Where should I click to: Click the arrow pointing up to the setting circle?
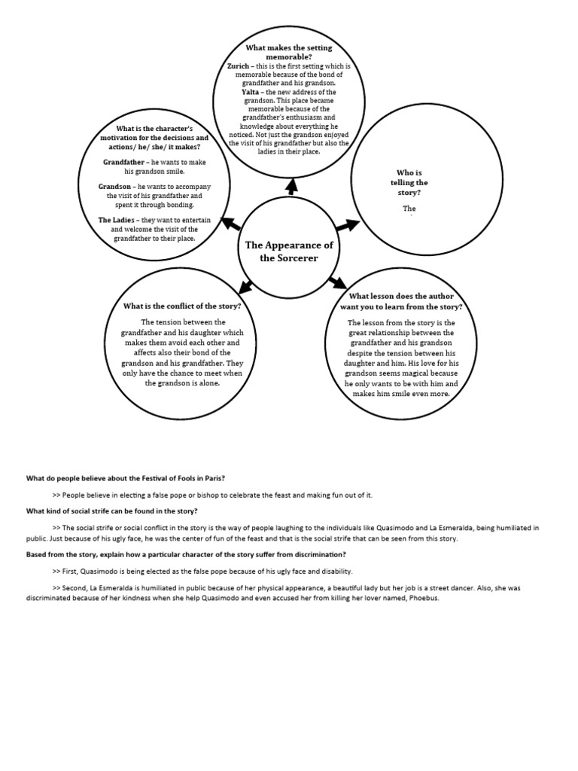tap(291, 186)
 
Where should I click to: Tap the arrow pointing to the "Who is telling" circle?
tap(346, 224)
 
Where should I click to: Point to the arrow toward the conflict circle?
tap(245, 285)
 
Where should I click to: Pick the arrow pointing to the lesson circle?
tap(336, 282)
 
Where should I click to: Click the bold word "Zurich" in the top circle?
tap(241, 66)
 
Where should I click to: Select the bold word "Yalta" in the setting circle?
tap(251, 92)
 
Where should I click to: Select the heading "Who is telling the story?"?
tap(409, 182)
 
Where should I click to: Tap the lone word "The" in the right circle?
tap(409, 209)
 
